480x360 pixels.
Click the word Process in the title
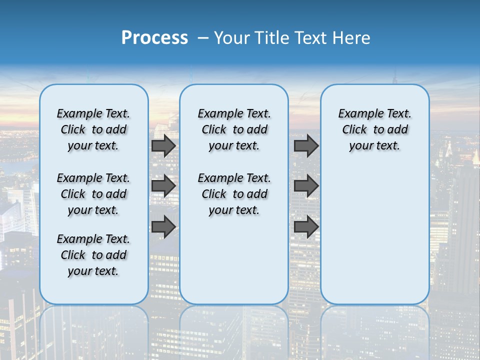point(154,38)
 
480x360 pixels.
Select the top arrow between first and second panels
point(163,146)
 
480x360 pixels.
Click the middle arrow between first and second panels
point(163,186)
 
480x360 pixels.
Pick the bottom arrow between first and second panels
point(163,227)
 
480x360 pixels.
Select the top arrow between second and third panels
point(306,146)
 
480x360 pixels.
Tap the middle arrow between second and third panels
point(306,186)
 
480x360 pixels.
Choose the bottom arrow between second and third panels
point(306,227)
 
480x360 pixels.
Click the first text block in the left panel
point(93,129)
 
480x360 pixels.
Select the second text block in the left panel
point(93,194)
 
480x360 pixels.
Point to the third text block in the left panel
point(93,255)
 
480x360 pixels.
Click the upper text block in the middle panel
point(234,129)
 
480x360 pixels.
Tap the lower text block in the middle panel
point(234,194)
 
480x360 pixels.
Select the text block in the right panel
point(374,129)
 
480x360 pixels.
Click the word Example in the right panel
point(358,114)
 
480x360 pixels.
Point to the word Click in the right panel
point(354,130)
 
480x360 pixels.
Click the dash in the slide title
point(203,38)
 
